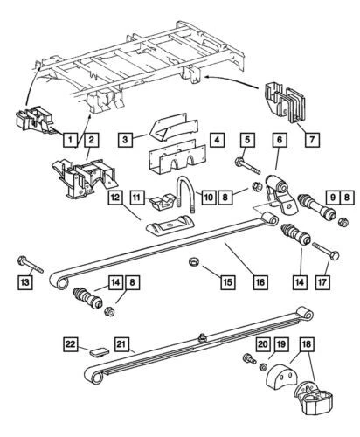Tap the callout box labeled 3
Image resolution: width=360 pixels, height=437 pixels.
(x=127, y=139)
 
